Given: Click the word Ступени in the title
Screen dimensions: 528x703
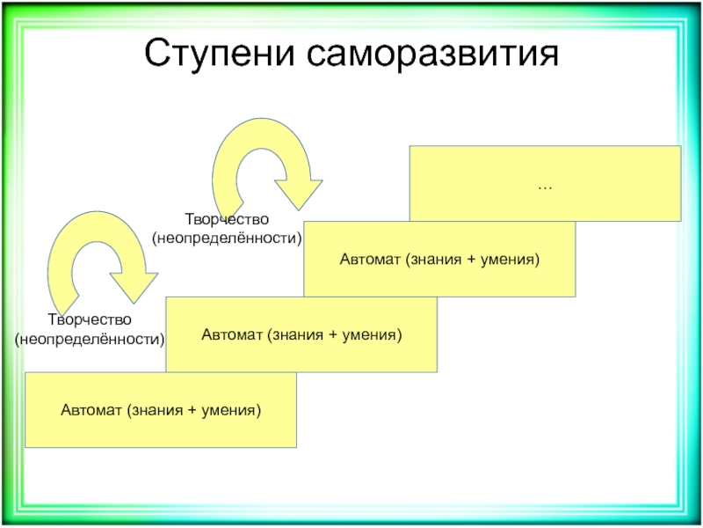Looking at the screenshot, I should coord(221,55).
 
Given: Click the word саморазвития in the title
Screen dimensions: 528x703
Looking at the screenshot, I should coord(435,55).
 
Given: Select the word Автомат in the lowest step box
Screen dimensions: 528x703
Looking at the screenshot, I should coord(91,410).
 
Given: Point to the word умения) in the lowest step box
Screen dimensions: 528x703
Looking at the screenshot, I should coord(233,410).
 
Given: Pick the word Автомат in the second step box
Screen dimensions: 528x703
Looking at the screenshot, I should coord(231,335).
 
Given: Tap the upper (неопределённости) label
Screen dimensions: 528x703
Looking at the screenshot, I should coord(228,238).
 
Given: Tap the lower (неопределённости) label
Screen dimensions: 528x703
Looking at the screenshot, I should coord(90,338).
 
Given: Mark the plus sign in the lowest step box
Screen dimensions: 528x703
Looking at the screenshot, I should coord(192,410).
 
